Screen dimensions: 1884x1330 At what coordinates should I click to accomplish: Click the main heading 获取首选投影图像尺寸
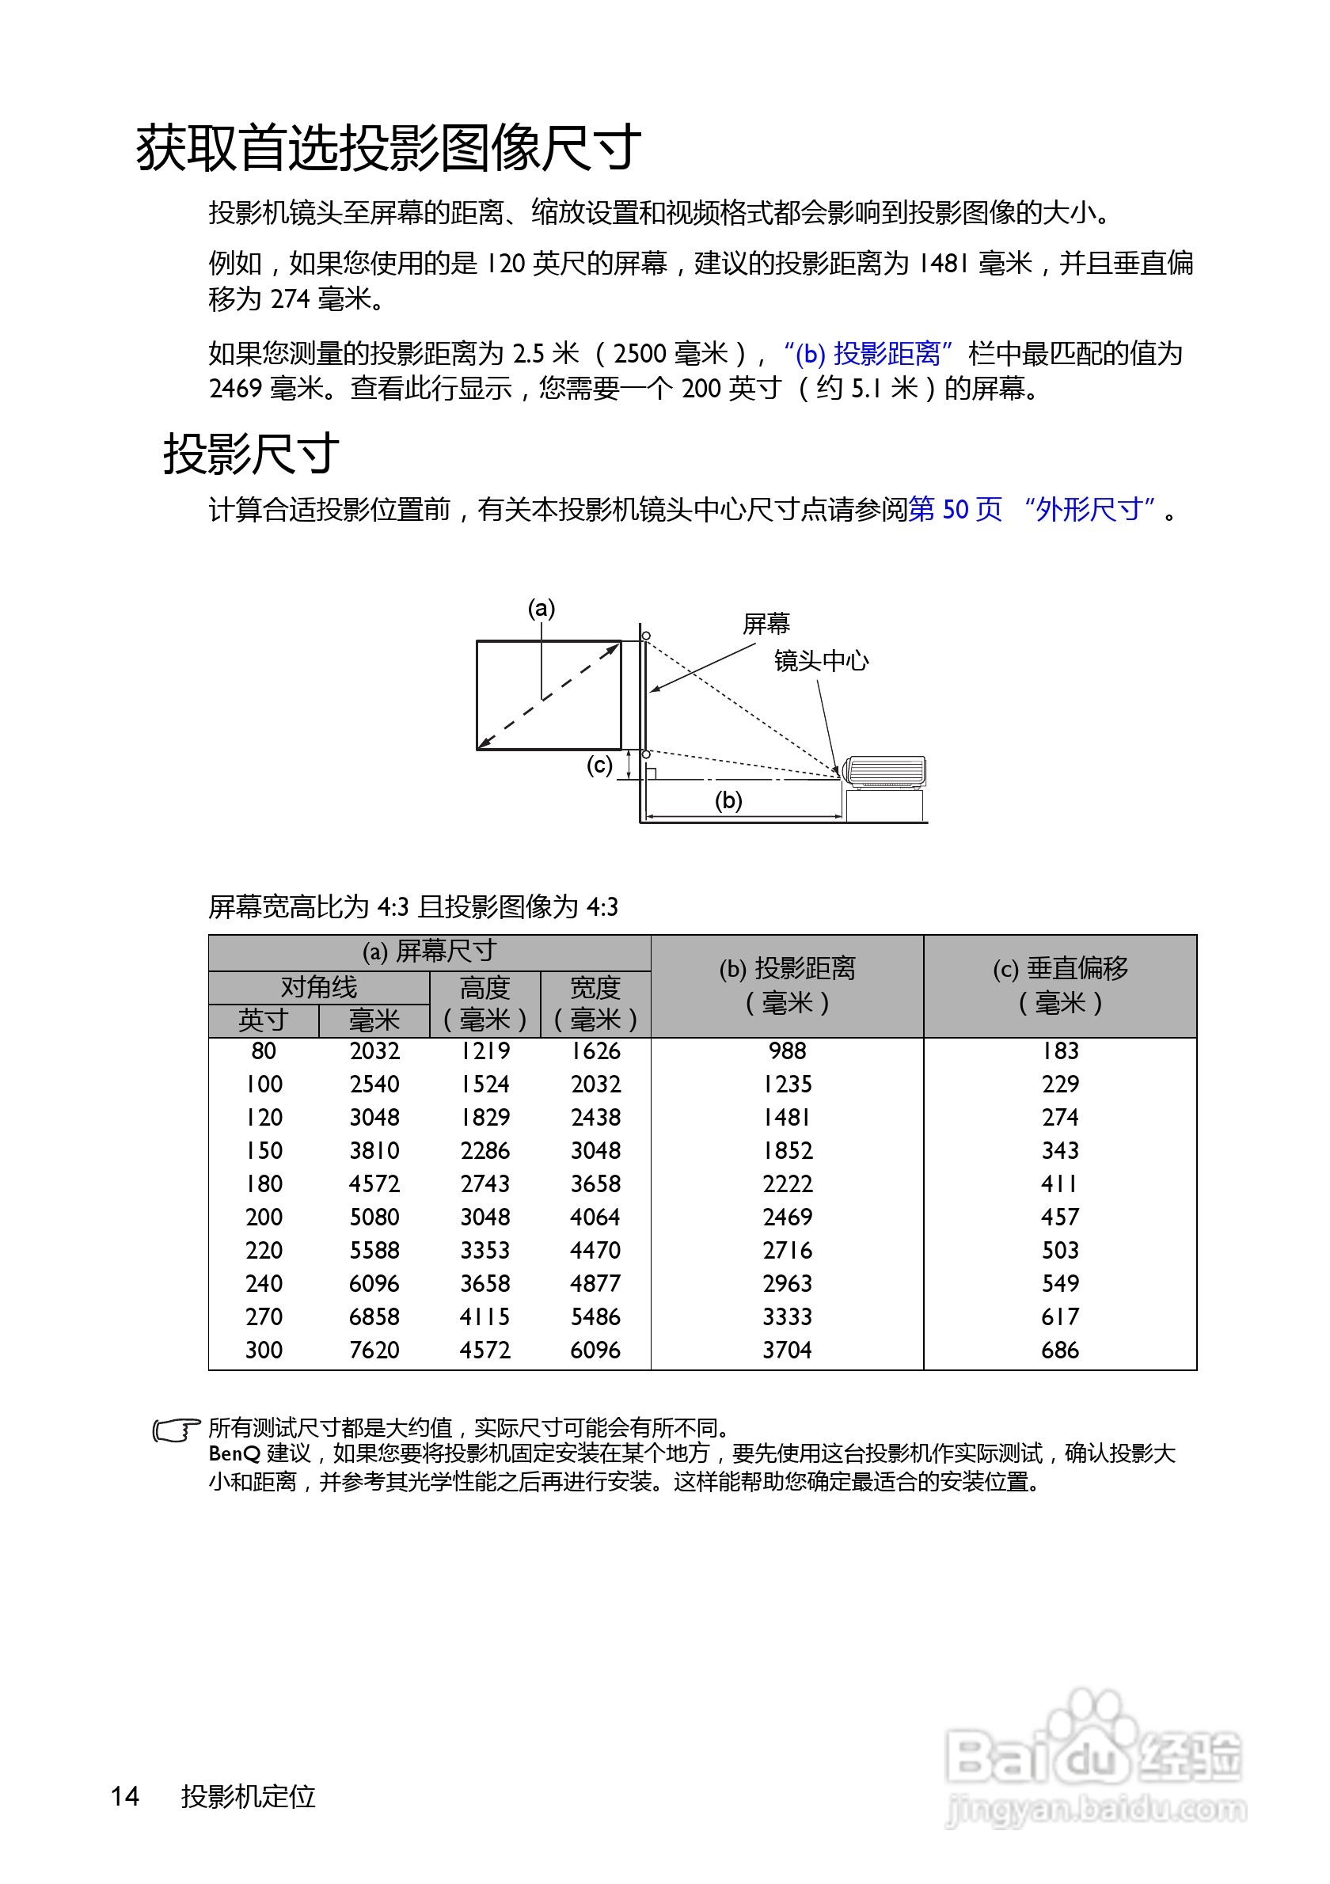[x=388, y=149]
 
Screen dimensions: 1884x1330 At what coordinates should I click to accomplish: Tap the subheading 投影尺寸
[x=251, y=454]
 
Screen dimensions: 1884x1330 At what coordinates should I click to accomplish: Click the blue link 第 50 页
[x=955, y=510]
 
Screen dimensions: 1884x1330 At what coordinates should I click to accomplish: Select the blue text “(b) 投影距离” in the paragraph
[x=867, y=354]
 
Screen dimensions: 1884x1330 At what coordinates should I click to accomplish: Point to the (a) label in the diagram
[x=541, y=608]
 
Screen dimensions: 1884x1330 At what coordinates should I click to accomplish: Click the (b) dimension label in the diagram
[x=728, y=800]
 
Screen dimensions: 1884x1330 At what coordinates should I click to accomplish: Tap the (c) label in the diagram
[x=599, y=765]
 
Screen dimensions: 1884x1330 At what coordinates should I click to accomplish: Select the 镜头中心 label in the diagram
[x=820, y=660]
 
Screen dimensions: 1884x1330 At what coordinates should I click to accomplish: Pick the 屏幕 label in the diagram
[x=766, y=624]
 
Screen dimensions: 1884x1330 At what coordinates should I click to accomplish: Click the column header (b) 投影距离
[x=787, y=986]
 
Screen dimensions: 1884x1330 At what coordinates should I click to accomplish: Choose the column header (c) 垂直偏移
[x=1059, y=986]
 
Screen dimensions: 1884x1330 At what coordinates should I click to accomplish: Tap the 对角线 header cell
[x=318, y=987]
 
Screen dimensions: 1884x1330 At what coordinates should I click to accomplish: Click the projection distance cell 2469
[x=787, y=1217]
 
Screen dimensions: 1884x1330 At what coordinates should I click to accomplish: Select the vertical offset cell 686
[x=1059, y=1350]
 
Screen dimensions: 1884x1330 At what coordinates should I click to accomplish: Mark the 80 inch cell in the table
[x=264, y=1051]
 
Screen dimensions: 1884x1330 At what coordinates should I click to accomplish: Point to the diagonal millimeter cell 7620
[x=374, y=1350]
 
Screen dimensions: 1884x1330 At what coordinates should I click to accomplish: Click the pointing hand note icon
[x=176, y=1431]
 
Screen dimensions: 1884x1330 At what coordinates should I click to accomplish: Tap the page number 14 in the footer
[x=125, y=1796]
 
